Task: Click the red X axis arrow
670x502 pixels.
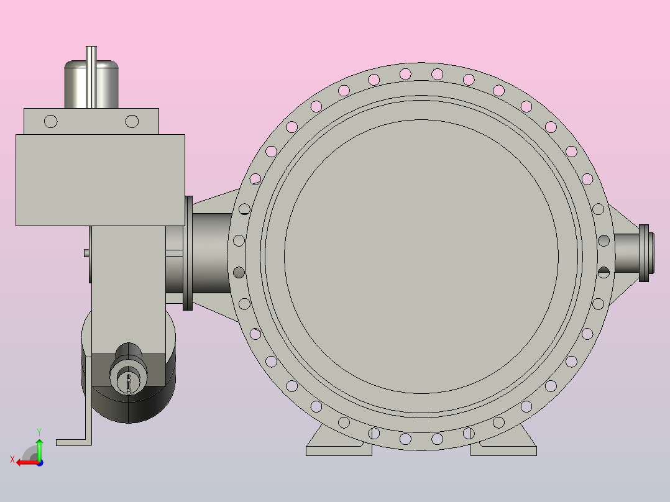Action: click(x=28, y=463)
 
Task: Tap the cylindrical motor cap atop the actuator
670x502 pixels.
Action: click(x=91, y=84)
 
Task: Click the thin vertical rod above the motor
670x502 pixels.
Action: click(x=91, y=77)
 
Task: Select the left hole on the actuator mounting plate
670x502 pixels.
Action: click(x=51, y=121)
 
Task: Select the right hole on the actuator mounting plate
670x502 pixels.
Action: click(x=132, y=121)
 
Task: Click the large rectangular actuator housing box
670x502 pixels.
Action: click(x=101, y=180)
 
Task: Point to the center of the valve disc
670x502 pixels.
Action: click(x=421, y=257)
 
